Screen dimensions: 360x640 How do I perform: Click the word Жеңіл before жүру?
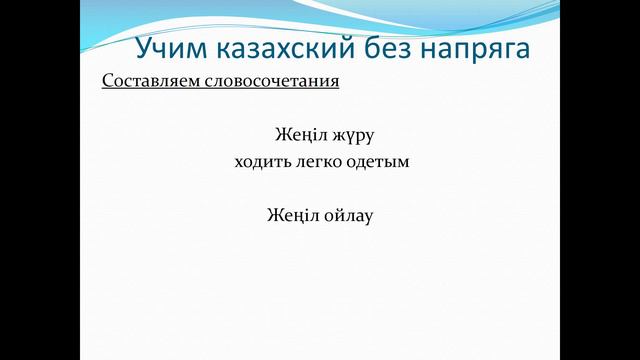(x=298, y=134)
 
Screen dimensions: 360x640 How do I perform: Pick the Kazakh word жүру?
(x=351, y=134)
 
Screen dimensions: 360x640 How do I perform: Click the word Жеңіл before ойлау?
(x=292, y=214)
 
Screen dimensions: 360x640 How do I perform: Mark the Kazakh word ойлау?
(x=347, y=214)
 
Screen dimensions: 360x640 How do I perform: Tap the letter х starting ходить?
(x=236, y=161)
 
